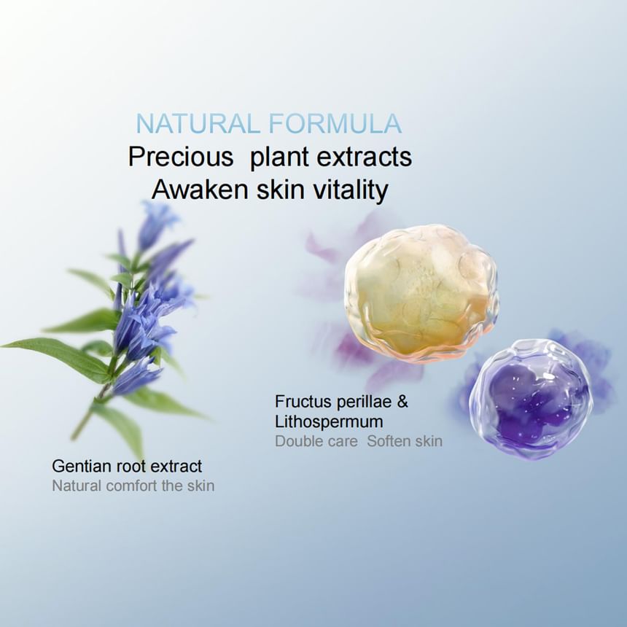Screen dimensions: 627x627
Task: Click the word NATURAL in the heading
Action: coord(198,123)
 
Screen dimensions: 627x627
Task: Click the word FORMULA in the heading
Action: coord(335,123)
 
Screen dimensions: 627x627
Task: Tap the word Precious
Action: coord(181,156)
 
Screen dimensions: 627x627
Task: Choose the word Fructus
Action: coord(303,402)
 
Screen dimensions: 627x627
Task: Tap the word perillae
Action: coord(364,402)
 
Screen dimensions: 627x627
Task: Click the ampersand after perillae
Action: coord(402,402)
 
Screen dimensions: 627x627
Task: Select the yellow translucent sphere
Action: coord(421,294)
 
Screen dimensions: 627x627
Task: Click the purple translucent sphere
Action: coord(531,397)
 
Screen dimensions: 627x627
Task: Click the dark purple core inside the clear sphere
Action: coord(529,400)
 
